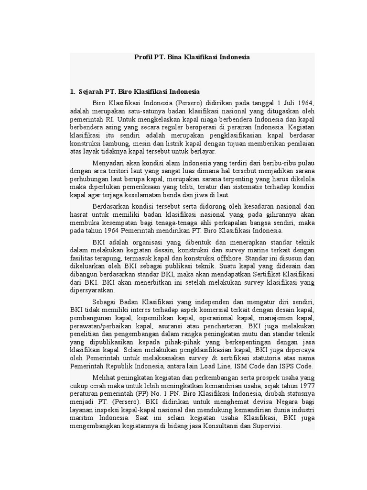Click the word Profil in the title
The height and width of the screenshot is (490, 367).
(x=142, y=57)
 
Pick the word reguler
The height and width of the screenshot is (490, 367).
(x=179, y=128)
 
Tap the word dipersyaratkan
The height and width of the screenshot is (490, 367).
(x=92, y=291)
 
